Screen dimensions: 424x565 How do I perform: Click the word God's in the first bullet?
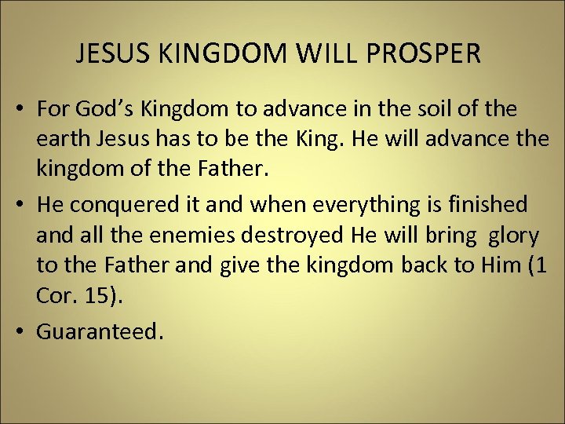(x=101, y=109)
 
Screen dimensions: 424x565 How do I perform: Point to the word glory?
(x=515, y=236)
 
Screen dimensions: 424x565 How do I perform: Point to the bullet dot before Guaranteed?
(x=23, y=331)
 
